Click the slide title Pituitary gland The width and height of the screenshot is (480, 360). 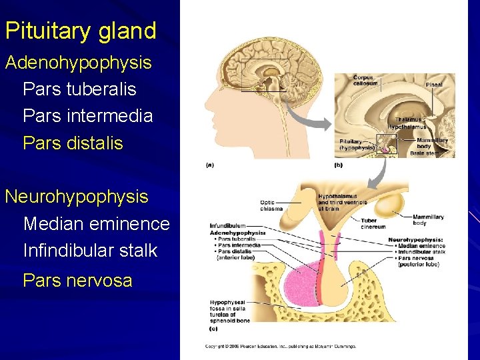(x=80, y=31)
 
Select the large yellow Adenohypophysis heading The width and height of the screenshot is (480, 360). (x=79, y=63)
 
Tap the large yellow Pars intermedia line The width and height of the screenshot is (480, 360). (x=87, y=116)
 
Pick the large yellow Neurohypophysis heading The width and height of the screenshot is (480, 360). (x=77, y=197)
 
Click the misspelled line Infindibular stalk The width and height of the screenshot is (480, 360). (x=90, y=251)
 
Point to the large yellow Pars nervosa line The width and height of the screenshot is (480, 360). (x=77, y=281)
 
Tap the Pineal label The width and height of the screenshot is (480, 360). (x=434, y=85)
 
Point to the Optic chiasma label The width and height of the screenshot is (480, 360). (x=271, y=205)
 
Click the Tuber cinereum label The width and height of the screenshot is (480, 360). (x=369, y=223)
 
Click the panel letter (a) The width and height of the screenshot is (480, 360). (x=209, y=165)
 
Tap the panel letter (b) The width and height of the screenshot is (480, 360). (x=338, y=165)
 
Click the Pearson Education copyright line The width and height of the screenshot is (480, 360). (x=280, y=346)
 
